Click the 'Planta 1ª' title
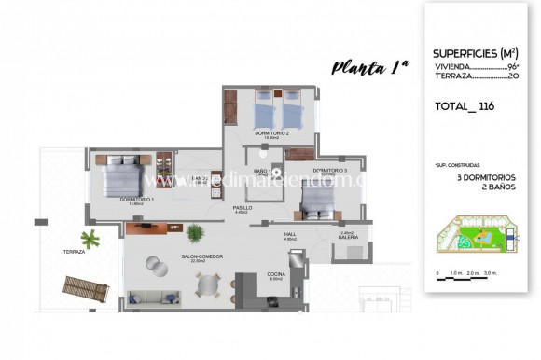(x=370, y=66)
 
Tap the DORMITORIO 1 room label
(x=137, y=200)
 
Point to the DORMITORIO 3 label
(x=329, y=170)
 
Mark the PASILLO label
(x=242, y=209)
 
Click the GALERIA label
(x=347, y=237)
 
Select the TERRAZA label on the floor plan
(x=75, y=252)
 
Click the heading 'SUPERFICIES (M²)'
(x=477, y=53)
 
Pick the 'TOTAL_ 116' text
(x=464, y=106)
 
